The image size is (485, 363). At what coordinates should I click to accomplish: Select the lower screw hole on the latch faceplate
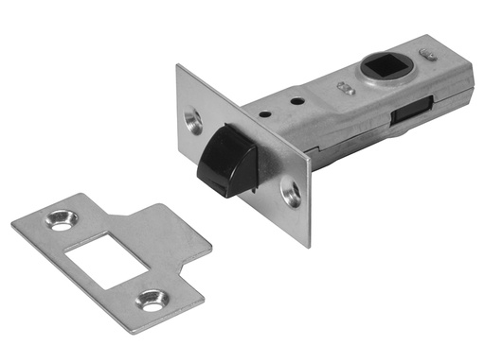tap(292, 196)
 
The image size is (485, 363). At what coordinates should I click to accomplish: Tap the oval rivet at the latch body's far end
tap(432, 56)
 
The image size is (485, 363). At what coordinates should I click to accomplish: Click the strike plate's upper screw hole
tap(63, 219)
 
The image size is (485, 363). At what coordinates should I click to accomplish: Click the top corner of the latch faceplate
tap(177, 66)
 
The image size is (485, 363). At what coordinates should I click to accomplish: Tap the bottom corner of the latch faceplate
tap(309, 247)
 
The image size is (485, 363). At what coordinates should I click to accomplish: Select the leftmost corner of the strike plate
tap(13, 226)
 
